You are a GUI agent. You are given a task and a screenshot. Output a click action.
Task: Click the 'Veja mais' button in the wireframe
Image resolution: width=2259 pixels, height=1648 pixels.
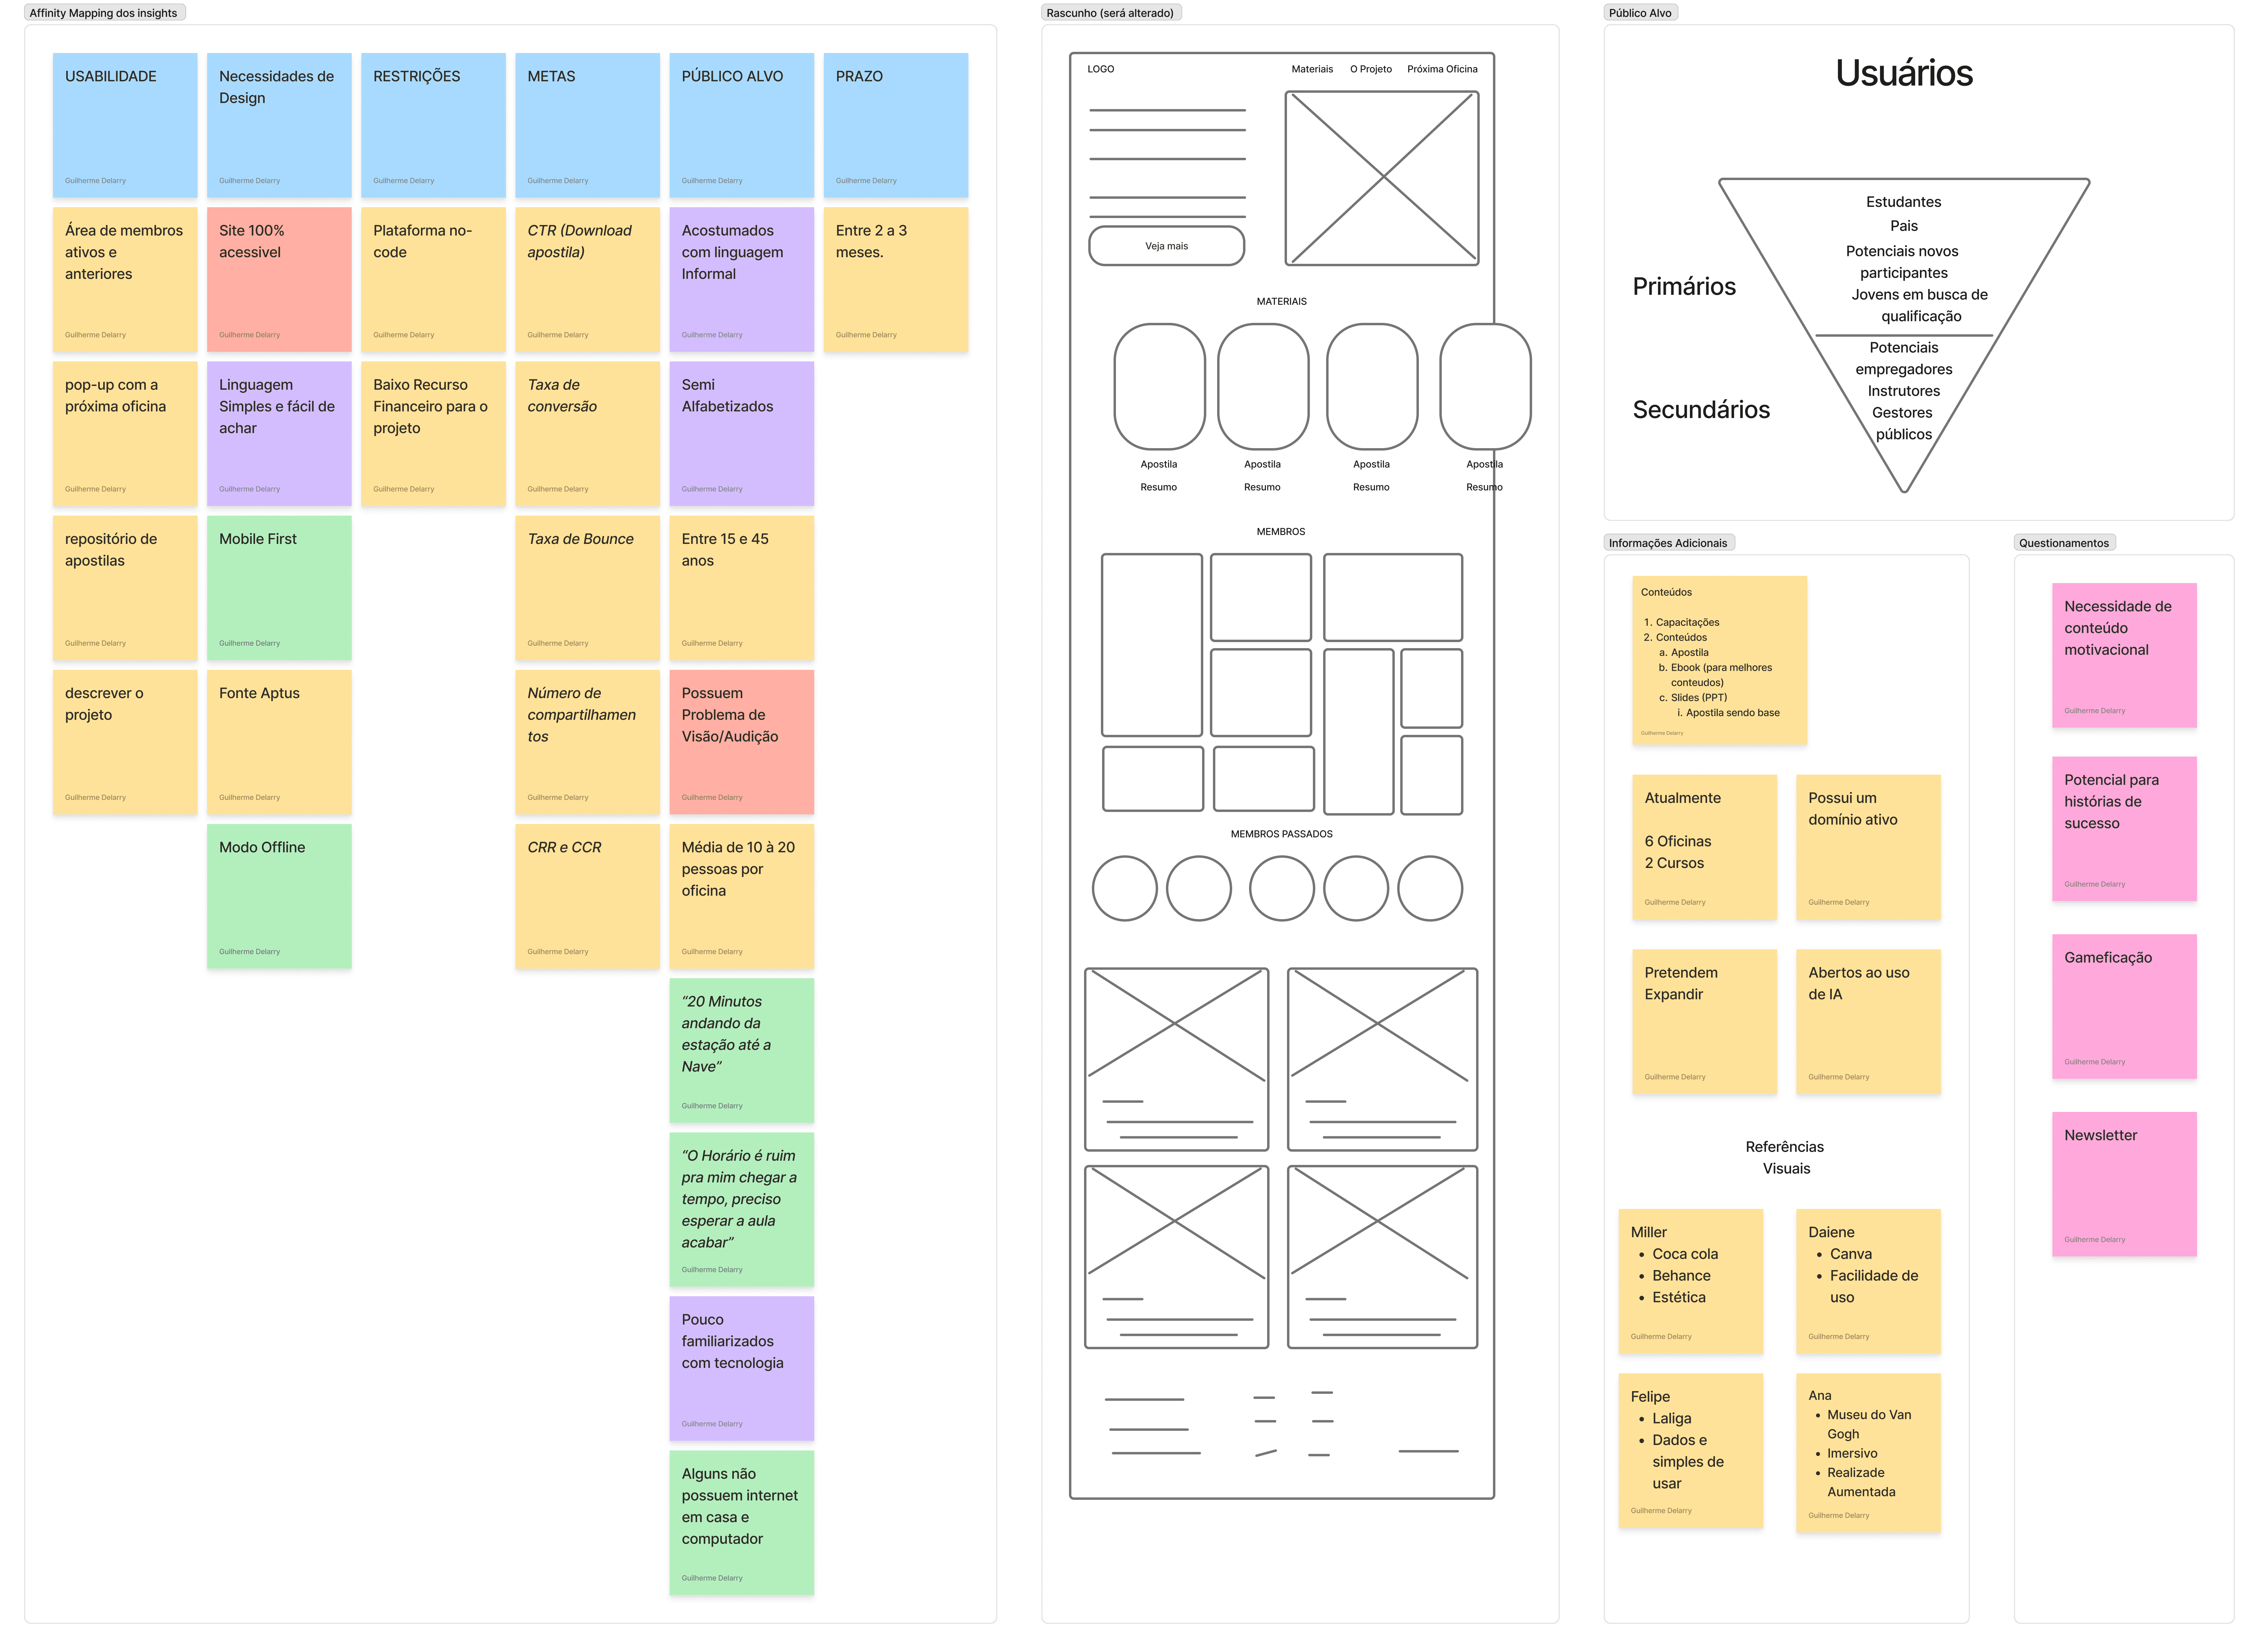click(x=1166, y=245)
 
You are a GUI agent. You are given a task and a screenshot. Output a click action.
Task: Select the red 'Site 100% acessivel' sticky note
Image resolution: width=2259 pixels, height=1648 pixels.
click(x=278, y=279)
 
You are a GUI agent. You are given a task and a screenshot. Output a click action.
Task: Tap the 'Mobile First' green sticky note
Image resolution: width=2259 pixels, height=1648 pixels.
click(x=278, y=588)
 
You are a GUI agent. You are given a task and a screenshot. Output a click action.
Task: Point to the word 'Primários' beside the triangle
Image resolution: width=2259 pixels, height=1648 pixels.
click(x=1684, y=286)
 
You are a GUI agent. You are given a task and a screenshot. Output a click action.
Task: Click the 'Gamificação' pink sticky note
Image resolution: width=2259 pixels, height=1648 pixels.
click(x=2123, y=1006)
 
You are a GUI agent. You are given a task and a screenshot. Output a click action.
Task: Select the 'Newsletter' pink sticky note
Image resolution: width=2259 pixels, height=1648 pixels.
click(x=2123, y=1183)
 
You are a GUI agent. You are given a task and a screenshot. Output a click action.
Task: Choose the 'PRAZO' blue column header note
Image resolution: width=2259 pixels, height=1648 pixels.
click(x=895, y=125)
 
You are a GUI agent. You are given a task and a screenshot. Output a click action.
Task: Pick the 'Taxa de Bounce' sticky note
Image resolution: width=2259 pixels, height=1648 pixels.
click(x=587, y=588)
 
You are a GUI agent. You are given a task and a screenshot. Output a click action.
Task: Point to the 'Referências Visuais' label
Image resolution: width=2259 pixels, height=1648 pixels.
click(x=1785, y=1157)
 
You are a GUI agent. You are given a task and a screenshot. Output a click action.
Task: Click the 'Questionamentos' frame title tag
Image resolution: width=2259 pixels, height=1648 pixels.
click(x=2064, y=543)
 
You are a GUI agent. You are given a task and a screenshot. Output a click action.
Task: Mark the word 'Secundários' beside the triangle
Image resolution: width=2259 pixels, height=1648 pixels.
click(x=1700, y=409)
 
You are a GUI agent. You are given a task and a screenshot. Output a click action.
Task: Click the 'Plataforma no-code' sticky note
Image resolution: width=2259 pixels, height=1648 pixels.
click(x=433, y=279)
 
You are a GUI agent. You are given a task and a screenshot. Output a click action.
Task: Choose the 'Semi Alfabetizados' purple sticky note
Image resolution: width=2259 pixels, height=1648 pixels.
click(x=741, y=433)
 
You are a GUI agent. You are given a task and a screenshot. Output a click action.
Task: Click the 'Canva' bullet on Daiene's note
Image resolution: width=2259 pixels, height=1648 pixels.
click(x=1850, y=1254)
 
